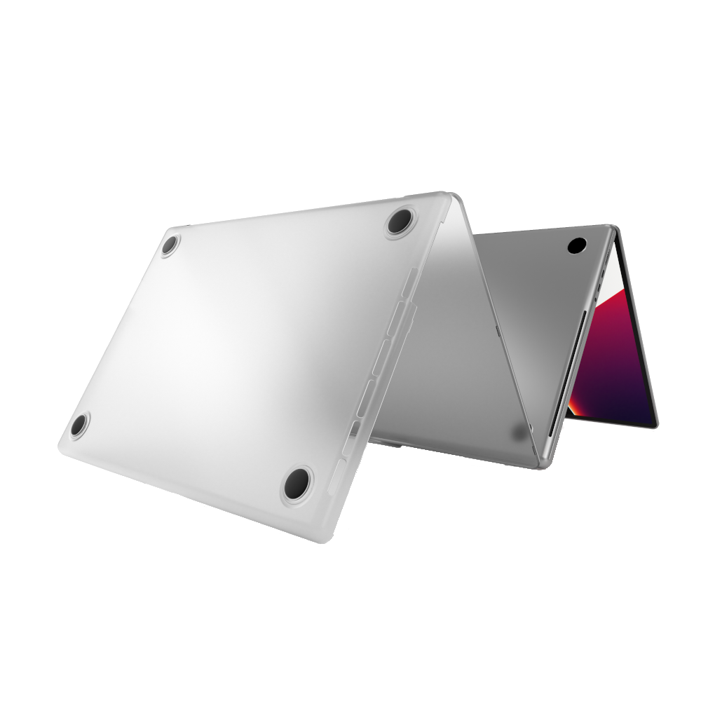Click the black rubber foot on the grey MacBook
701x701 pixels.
coord(576,245)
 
